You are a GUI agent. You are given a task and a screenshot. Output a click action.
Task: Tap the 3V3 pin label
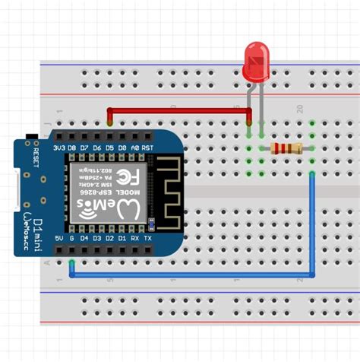(x=58, y=147)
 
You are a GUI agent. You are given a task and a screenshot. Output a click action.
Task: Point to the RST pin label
(x=147, y=147)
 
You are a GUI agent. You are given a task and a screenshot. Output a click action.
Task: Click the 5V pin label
(x=58, y=238)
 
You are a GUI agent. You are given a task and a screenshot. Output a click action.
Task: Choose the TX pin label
(x=148, y=238)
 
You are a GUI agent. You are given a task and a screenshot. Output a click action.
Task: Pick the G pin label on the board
(x=71, y=238)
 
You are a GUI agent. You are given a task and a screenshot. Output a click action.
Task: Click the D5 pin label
(x=109, y=147)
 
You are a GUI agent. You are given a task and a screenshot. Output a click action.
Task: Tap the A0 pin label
(x=134, y=147)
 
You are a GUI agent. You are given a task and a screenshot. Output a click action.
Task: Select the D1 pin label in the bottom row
(x=122, y=238)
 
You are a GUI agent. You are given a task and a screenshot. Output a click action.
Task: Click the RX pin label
(x=135, y=238)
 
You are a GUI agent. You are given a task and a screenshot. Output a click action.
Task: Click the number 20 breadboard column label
(x=302, y=110)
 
